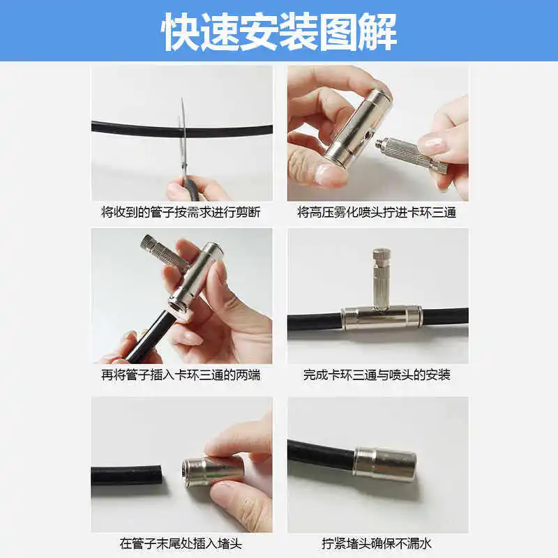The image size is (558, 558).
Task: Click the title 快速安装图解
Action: pos(279,31)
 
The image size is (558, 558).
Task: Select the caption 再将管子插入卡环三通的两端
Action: pos(181,375)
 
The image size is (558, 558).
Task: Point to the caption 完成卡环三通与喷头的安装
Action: pos(377,375)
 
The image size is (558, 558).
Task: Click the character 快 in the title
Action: pos(180,31)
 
